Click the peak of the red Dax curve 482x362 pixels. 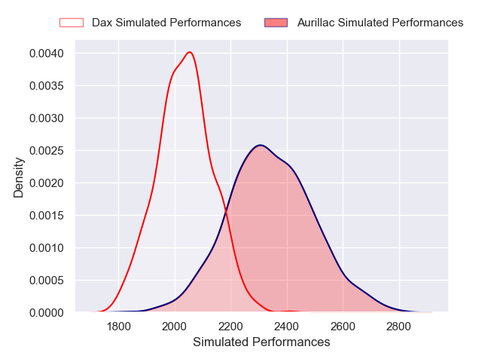coord(190,52)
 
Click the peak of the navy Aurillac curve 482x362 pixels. coord(259,145)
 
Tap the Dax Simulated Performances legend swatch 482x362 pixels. coord(72,23)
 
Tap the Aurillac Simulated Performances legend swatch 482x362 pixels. coord(276,23)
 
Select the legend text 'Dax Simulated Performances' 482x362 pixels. coord(166,23)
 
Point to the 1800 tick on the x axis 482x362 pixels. coord(119,327)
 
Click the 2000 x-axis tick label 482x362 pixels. coord(175,327)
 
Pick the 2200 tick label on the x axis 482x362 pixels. coord(230,327)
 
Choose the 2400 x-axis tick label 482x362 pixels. coord(287,327)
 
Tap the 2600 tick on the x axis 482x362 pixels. coord(343,327)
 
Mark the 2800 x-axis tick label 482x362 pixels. coord(398,327)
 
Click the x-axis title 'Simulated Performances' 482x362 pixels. coord(261,342)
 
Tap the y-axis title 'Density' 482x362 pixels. coord(19,182)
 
